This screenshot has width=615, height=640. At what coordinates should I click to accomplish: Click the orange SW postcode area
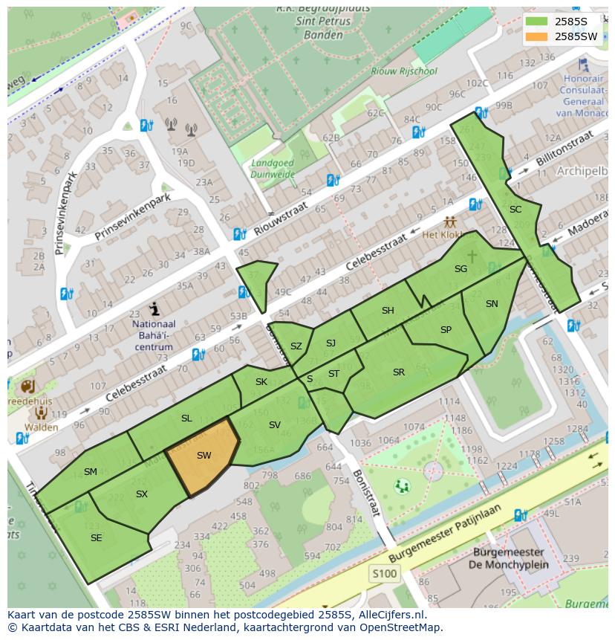pos(203,455)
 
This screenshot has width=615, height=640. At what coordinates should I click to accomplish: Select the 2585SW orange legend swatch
pos(538,36)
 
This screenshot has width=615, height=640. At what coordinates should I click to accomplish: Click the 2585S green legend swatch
pos(538,22)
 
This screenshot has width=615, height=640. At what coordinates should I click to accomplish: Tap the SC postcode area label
pos(515,210)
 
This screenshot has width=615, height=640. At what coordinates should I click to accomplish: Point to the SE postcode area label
pos(96,537)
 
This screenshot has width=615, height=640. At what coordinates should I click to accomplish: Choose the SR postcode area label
pos(399,372)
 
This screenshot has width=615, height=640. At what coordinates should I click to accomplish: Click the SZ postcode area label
pos(296,346)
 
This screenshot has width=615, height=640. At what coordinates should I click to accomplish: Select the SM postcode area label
pos(91,472)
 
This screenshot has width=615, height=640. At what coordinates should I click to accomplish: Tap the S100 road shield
pos(384,573)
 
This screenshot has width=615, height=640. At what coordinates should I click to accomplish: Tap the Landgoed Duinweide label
pos(273,169)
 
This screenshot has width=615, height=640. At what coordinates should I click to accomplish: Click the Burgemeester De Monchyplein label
pos(508,558)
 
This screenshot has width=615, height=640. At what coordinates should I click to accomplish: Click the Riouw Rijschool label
pos(405,72)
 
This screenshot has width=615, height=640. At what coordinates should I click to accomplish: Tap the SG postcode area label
pos(461,269)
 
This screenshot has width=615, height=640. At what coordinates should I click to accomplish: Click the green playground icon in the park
pos(402,487)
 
